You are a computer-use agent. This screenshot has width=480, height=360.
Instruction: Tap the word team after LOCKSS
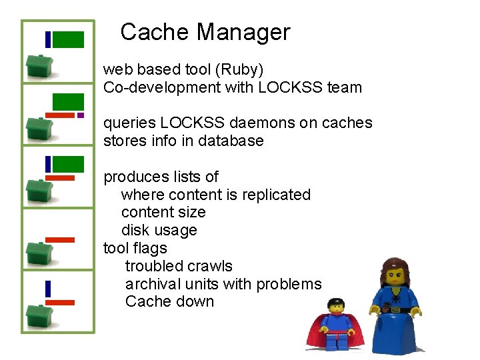[345, 87]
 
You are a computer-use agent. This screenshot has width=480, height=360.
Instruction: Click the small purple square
[81, 115]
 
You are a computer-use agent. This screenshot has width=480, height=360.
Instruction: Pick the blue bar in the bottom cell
[48, 289]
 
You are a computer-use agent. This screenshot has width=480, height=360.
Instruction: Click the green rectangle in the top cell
[68, 40]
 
